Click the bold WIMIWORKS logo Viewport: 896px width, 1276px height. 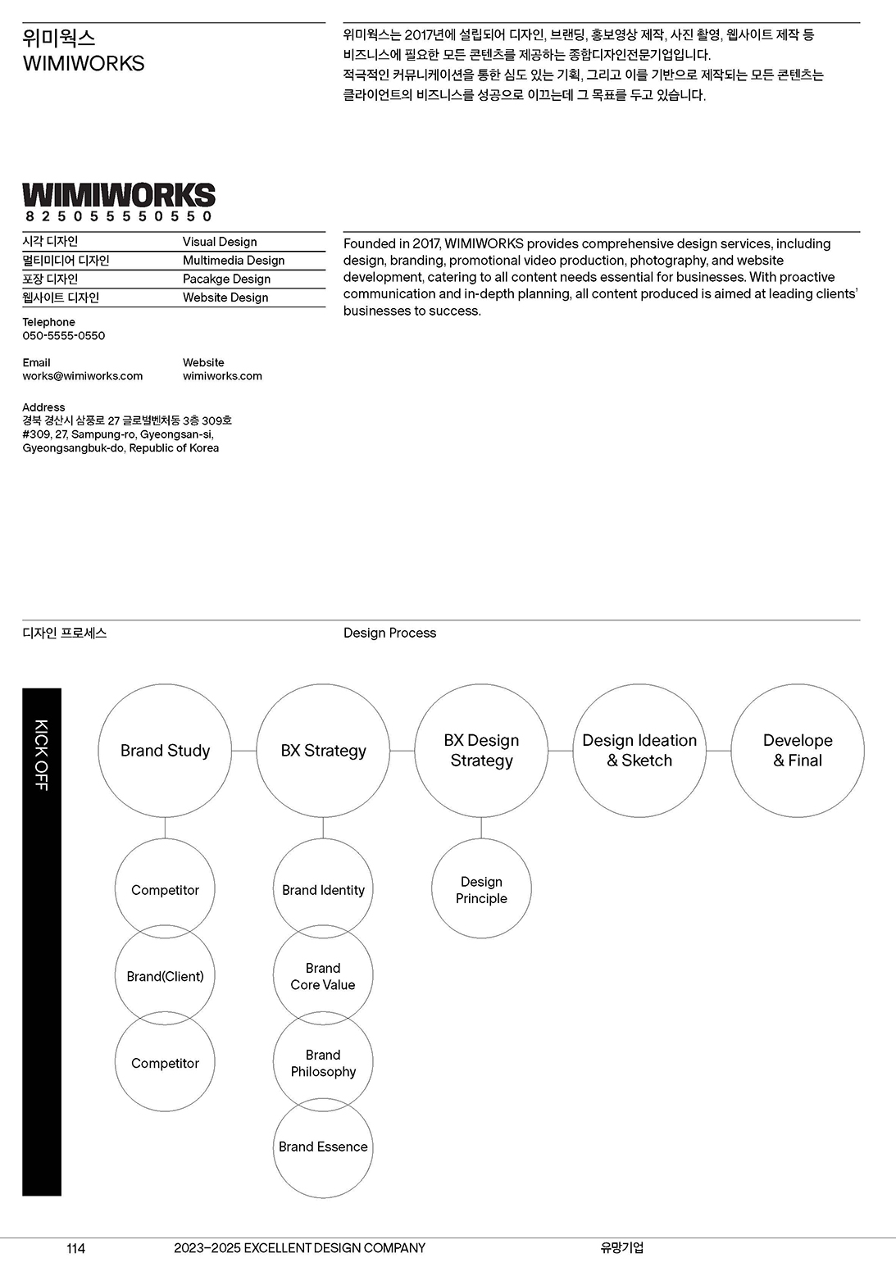click(x=119, y=195)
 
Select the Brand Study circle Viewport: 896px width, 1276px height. click(x=165, y=751)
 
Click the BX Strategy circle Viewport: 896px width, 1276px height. click(x=323, y=751)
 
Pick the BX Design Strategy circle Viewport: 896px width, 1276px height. click(x=481, y=751)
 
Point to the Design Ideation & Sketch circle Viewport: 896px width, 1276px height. click(x=639, y=751)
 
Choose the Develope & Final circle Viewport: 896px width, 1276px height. click(x=798, y=751)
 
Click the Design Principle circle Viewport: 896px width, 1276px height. click(x=481, y=890)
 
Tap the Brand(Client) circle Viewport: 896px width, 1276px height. click(x=165, y=976)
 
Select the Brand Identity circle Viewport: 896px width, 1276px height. click(x=323, y=890)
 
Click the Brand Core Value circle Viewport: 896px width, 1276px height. click(x=323, y=976)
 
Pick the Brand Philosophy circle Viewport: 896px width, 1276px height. click(x=323, y=1063)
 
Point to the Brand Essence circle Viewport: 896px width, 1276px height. click(x=323, y=1147)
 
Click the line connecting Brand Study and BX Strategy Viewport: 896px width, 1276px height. click(x=244, y=751)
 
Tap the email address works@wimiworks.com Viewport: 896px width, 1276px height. click(x=83, y=376)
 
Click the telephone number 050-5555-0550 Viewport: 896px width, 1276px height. click(x=64, y=335)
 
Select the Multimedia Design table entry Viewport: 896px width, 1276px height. click(x=234, y=261)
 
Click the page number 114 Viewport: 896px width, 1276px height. click(x=75, y=1248)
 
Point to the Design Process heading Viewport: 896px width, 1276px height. click(x=389, y=633)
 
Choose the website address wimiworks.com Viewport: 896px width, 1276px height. click(x=222, y=376)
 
